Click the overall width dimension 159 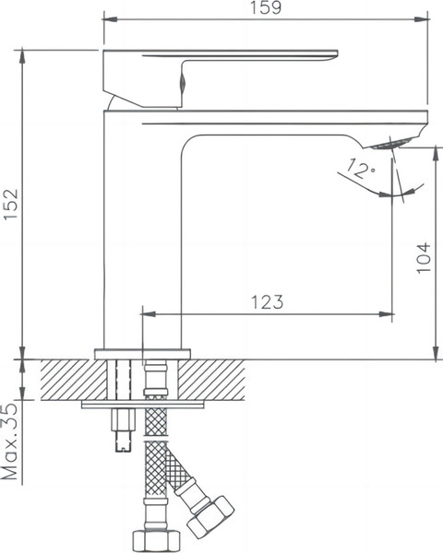266,8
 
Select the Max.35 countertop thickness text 11,443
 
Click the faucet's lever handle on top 221,67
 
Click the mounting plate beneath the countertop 143,404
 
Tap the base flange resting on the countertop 143,353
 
